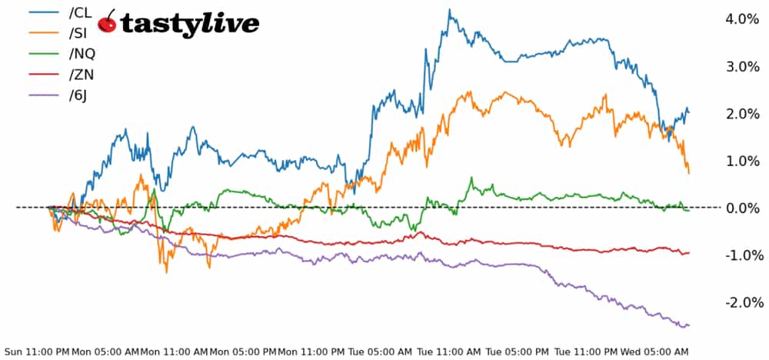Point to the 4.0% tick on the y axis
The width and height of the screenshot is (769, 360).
[744, 19]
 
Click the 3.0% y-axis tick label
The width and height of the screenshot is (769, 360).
[744, 67]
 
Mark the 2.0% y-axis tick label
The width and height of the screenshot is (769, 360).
[744, 114]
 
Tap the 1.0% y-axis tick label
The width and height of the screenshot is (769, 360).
[744, 161]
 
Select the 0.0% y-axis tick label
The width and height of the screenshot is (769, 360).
[744, 208]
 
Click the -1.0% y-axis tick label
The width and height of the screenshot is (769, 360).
[742, 255]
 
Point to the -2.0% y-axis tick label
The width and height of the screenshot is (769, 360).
[742, 302]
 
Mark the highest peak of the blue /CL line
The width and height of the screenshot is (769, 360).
[449, 10]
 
